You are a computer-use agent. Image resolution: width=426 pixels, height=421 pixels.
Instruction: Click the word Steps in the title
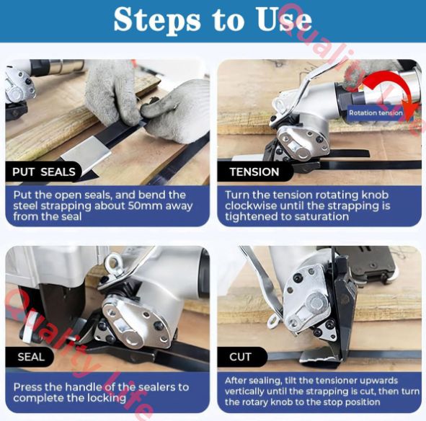[x=156, y=20]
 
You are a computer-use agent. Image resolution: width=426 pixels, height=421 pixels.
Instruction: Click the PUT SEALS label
[x=44, y=172]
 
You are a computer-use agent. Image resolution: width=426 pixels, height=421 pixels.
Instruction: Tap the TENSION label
[x=254, y=172]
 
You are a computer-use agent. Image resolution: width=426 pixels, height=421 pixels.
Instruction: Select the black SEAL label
[x=31, y=357]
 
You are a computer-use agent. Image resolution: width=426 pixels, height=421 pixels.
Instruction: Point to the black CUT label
[x=240, y=357]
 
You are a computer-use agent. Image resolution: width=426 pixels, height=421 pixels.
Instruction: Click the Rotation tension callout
[x=376, y=113]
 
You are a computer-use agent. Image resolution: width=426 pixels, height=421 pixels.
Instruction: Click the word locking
[x=107, y=399]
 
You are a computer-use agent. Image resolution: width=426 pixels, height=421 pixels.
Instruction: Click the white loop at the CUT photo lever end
[x=272, y=321]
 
